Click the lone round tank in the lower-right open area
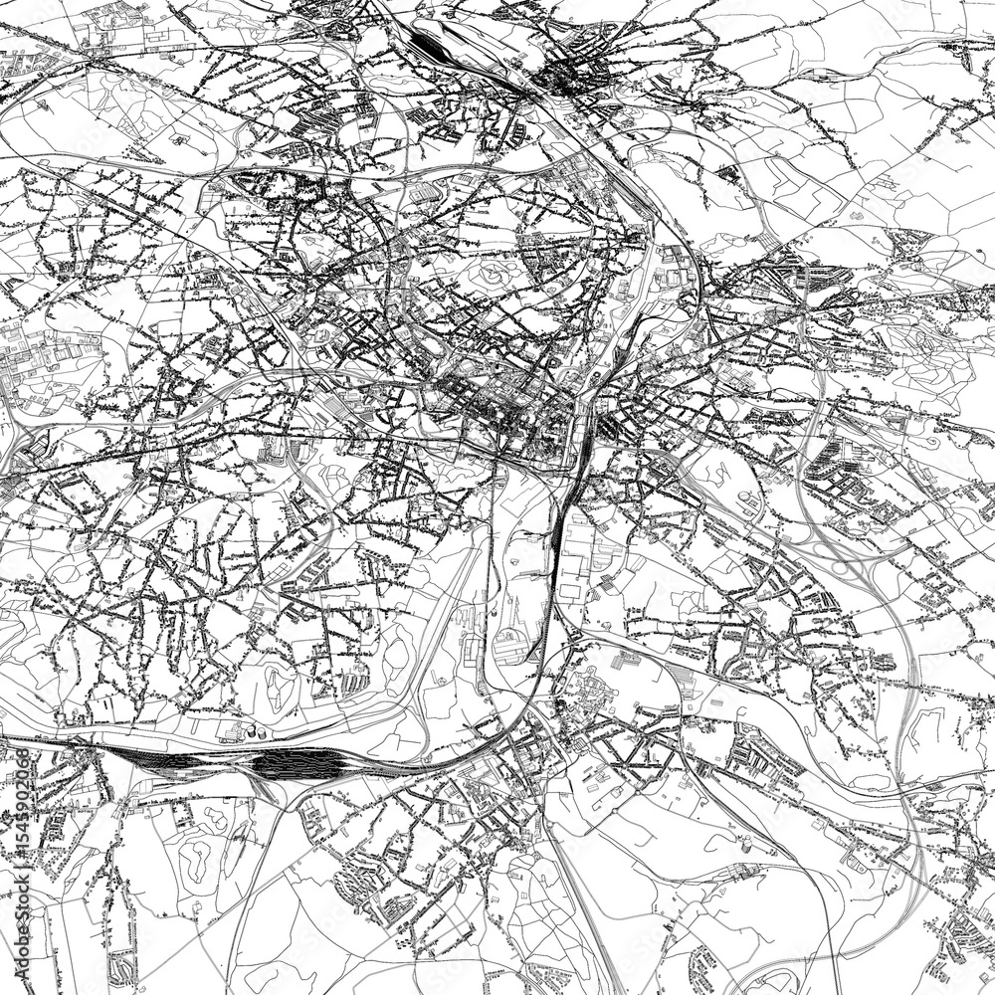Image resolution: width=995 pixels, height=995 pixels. tap(744, 843)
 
